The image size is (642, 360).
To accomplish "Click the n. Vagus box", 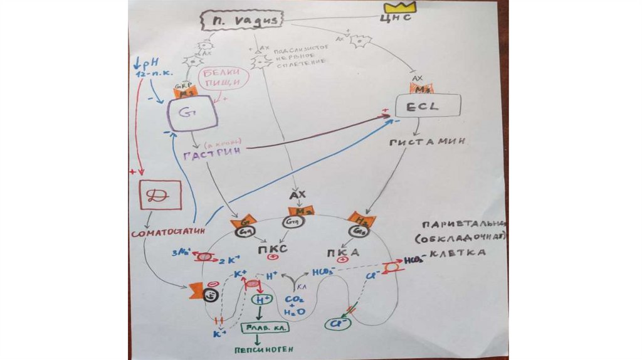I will click(x=241, y=21).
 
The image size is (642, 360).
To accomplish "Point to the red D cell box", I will click(x=160, y=195).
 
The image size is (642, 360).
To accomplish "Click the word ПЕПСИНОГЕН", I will click(x=263, y=349).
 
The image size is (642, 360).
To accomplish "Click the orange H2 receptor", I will click(x=362, y=220).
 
